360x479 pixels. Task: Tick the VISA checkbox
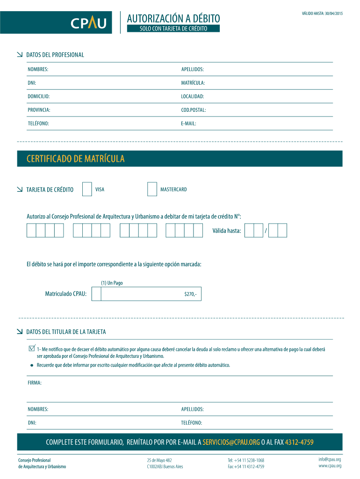(x=87, y=189)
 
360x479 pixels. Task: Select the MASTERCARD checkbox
(x=152, y=189)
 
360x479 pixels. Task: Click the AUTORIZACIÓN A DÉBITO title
(x=173, y=18)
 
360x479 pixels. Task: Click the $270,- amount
(x=190, y=294)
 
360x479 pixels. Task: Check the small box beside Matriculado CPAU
(x=96, y=294)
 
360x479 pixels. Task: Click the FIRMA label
(x=35, y=383)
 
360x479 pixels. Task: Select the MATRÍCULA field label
(x=193, y=83)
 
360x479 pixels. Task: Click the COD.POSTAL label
(x=194, y=110)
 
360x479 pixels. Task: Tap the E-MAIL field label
(x=188, y=123)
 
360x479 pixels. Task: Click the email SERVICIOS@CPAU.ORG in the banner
(x=231, y=442)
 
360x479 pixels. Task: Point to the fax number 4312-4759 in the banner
(x=299, y=442)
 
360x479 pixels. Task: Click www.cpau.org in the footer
(x=330, y=466)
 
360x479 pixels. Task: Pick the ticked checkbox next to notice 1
(x=32, y=348)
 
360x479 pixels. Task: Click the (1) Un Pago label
(x=112, y=283)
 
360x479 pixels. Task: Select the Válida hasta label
(x=227, y=231)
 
